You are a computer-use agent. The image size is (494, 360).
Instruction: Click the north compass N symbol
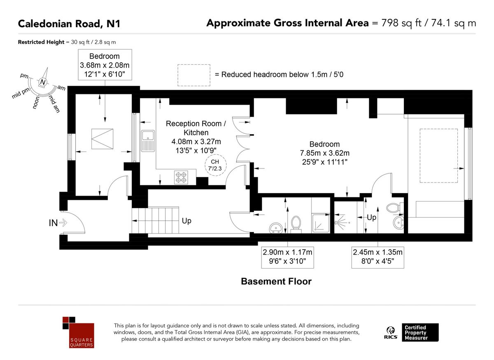tap(42, 82)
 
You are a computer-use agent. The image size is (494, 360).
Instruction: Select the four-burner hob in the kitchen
tap(181, 177)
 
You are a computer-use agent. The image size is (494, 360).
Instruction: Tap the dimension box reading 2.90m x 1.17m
tap(287, 256)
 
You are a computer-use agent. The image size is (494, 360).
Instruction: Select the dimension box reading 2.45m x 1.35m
tap(377, 256)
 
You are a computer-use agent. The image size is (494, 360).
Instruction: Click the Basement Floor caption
tap(276, 282)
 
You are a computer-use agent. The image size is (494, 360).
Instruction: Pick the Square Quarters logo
tap(78, 332)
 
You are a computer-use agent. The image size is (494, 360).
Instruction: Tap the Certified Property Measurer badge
tap(420, 332)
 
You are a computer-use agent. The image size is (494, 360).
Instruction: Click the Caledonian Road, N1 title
tap(69, 23)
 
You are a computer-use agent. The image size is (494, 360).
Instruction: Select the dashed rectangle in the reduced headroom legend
tap(193, 75)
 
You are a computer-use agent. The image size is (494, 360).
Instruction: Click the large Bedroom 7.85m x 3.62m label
tap(324, 153)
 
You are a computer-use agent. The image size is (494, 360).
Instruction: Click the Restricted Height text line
tap(67, 42)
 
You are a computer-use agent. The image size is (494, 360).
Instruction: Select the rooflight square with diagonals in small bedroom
tap(102, 139)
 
